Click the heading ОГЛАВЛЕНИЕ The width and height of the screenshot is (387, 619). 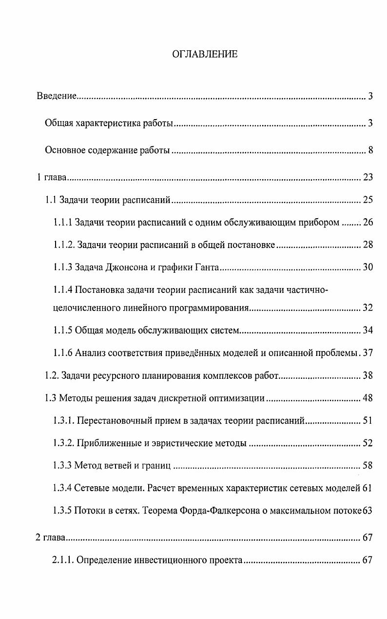[205, 54]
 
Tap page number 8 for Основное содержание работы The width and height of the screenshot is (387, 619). [370, 150]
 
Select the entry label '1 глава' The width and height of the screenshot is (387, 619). [51, 177]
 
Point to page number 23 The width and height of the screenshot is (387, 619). [368, 177]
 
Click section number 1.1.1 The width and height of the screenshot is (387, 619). [63, 223]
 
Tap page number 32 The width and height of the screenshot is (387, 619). [368, 308]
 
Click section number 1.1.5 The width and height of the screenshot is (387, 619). [63, 331]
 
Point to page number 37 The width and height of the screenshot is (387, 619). [368, 353]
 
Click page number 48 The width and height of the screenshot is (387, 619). [368, 398]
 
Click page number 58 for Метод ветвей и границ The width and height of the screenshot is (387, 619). [368, 466]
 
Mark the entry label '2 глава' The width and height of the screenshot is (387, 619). [51, 538]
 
